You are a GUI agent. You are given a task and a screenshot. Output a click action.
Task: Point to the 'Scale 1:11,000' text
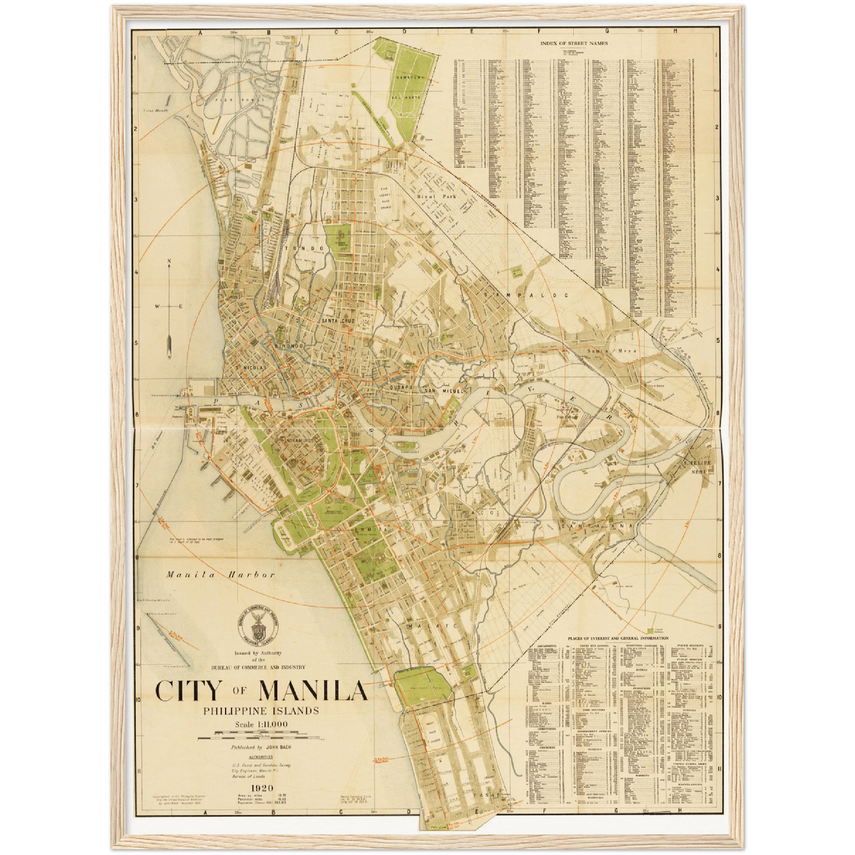tap(260, 724)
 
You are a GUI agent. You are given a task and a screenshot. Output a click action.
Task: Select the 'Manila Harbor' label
tap(220, 575)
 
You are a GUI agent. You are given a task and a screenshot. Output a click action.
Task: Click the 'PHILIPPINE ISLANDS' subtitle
tap(261, 711)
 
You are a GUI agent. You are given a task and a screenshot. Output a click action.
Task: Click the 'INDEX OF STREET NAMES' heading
tap(574, 43)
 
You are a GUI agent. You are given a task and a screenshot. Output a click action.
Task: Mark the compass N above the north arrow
tap(169, 261)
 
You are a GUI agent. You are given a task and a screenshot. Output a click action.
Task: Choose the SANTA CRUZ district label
tap(338, 320)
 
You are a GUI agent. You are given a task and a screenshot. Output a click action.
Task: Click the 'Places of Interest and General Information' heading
tap(618, 638)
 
